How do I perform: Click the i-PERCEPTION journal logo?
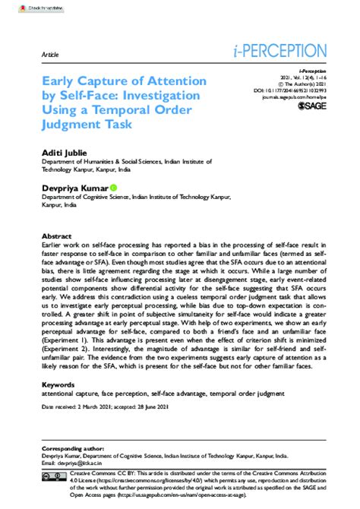click(280, 52)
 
